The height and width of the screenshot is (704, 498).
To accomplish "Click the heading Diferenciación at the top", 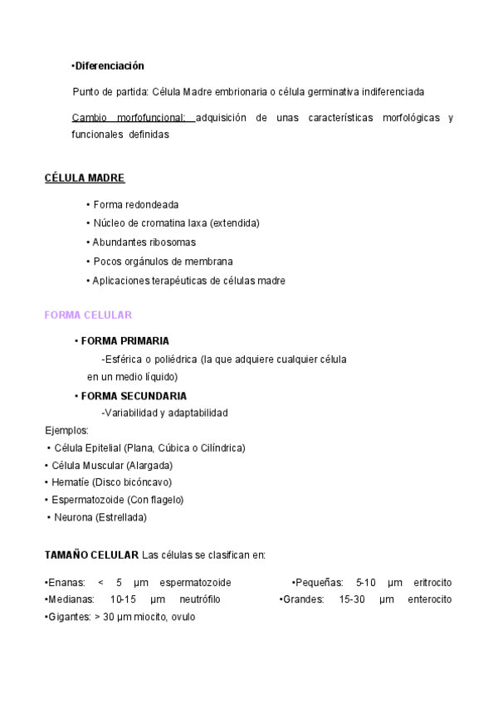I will click(110, 66).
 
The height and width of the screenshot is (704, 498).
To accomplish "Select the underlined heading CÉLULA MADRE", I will click(85, 178).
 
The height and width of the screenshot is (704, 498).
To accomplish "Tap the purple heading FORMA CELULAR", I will click(88, 315).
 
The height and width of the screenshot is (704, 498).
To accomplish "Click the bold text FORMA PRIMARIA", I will click(124, 341).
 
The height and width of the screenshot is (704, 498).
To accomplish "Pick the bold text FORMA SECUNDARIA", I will click(134, 396).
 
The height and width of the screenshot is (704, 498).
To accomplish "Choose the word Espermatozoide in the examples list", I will click(88, 500).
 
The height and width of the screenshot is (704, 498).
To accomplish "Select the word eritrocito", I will click(432, 582).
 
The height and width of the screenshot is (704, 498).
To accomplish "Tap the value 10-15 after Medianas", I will click(123, 599).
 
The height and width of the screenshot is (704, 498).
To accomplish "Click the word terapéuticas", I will click(178, 281).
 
